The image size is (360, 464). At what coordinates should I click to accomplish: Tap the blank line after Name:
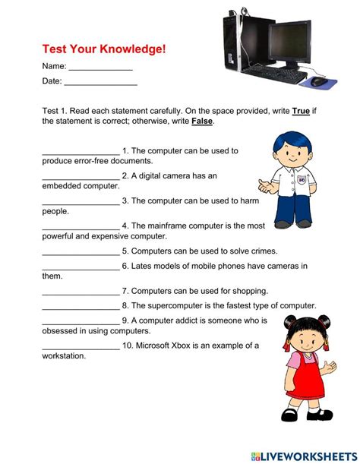coord(100,68)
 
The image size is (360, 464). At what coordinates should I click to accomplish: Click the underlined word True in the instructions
coord(301,111)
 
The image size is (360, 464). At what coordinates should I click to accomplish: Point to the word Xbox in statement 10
coord(185,346)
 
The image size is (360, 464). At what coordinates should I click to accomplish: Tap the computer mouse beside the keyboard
coord(318,81)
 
